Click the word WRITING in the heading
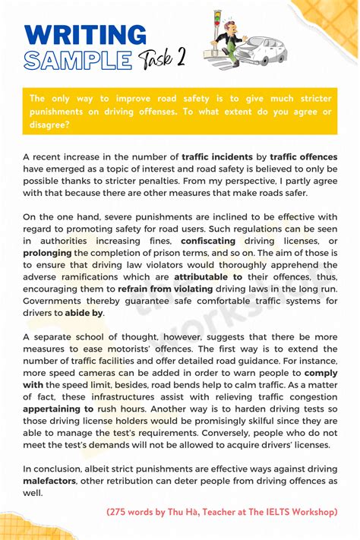coord(85,34)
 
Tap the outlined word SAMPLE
coord(77,59)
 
